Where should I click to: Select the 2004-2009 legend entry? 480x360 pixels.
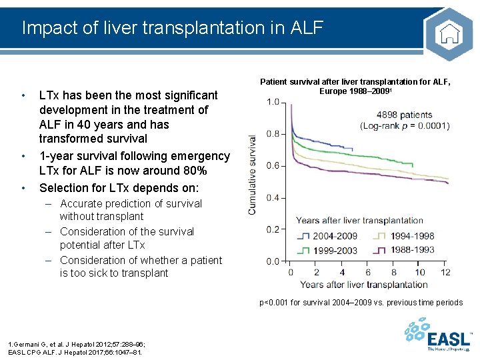tap(327, 236)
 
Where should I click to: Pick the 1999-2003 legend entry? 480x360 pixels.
tap(327, 251)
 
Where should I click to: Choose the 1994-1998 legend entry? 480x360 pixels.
tap(405, 236)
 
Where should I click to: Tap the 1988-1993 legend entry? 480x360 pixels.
tap(405, 251)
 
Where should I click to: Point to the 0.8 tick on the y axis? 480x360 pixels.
tap(273, 134)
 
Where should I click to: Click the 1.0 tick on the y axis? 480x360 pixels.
tap(273, 102)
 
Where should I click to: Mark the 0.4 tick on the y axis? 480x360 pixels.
tap(273, 198)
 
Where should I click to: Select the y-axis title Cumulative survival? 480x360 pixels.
tap(253, 175)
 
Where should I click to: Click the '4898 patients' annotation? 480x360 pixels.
tap(404, 115)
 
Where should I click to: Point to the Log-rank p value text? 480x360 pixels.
tap(405, 125)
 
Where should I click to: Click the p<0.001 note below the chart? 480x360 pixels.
tap(361, 303)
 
